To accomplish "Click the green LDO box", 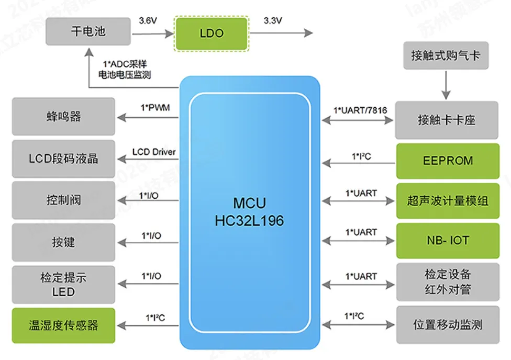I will tap(212, 33).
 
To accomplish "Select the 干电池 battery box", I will tap(88, 31).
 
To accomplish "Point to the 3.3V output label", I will tap(272, 21).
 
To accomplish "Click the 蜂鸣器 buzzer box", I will tap(63, 116).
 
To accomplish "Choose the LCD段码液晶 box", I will tap(63, 158).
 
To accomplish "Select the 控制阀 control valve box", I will tap(63, 200).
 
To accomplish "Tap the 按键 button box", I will tap(63, 242).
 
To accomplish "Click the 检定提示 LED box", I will tap(63, 284).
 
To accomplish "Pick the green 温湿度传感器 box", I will tap(63, 325).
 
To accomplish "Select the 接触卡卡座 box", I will tap(447, 120).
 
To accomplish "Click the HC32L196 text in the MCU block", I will tap(249, 221).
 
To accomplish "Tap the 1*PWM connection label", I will tap(155, 108).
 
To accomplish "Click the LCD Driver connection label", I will tap(154, 152).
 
